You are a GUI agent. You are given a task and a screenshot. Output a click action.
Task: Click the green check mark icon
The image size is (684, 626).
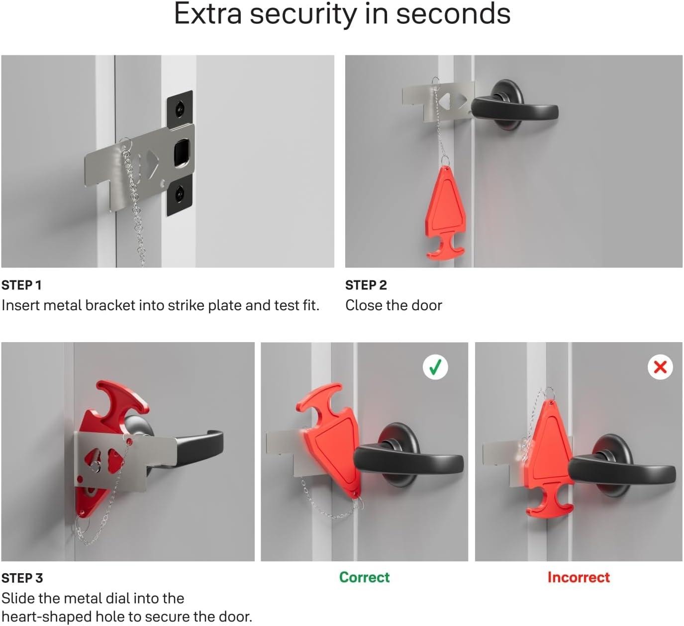(x=435, y=367)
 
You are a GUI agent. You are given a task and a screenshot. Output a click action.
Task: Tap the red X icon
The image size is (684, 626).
(x=660, y=367)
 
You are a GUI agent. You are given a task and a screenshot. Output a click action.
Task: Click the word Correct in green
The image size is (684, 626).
(x=364, y=577)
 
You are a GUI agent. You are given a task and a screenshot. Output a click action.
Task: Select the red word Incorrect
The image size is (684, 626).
(x=579, y=577)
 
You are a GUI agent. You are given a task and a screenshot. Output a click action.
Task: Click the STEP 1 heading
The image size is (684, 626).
(x=21, y=285)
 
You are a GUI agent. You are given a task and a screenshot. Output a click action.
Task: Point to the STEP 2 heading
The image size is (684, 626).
(x=366, y=285)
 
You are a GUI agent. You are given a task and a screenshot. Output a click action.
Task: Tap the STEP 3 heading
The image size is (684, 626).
(x=22, y=578)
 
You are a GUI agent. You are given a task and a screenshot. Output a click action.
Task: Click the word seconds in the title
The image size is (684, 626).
(x=453, y=14)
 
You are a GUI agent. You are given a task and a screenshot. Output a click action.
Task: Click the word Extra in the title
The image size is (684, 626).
(x=208, y=14)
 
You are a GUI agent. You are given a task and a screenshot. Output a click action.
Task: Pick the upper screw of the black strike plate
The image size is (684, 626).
(x=180, y=109)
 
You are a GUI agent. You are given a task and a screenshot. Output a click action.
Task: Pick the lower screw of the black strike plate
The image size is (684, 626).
(x=180, y=194)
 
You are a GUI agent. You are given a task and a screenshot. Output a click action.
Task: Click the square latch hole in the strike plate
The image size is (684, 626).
(x=182, y=153)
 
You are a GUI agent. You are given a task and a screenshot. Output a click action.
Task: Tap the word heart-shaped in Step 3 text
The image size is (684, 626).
(x=46, y=617)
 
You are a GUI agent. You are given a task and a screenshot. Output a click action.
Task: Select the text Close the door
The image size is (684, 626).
(x=393, y=305)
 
